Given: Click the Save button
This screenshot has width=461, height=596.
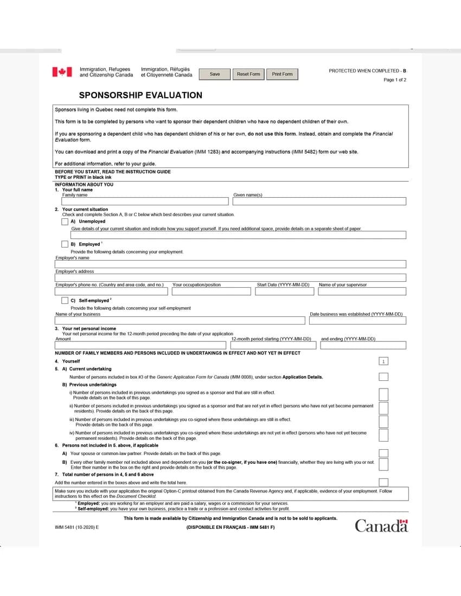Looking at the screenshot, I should pyautogui.click(x=215, y=74).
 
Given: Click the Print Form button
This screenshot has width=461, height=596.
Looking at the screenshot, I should pyautogui.click(x=282, y=74).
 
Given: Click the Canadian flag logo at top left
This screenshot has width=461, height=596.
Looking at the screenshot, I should pyautogui.click(x=62, y=72).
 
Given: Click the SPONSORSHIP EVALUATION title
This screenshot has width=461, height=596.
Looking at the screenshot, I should pyautogui.click(x=140, y=95).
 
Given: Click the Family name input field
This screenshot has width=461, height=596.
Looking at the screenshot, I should pyautogui.click(x=142, y=202).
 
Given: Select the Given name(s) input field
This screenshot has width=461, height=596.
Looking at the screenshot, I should pyautogui.click(x=319, y=202).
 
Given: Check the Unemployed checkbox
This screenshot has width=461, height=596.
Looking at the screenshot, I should pyautogui.click(x=65, y=222).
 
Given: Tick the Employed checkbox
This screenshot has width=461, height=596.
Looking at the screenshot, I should pyautogui.click(x=65, y=244).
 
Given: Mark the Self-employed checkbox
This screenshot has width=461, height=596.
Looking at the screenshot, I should pyautogui.click(x=65, y=300).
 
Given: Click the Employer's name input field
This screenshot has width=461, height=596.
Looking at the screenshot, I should pyautogui.click(x=230, y=264).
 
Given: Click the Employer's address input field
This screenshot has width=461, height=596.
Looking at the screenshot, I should pyautogui.click(x=230, y=278).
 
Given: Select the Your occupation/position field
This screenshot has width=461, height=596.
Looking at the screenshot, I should pyautogui.click(x=211, y=291).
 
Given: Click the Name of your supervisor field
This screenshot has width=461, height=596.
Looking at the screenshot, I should pyautogui.click(x=362, y=291).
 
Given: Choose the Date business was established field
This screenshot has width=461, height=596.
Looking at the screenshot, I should pyautogui.click(x=357, y=321).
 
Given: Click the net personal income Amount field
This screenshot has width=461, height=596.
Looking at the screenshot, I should pyautogui.click(x=140, y=346).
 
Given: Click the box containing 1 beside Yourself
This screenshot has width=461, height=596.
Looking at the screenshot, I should pyautogui.click(x=383, y=361).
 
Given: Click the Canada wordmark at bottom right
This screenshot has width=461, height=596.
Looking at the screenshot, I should pyautogui.click(x=381, y=526).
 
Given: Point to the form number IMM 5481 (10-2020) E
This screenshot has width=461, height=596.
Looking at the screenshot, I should pyautogui.click(x=77, y=527).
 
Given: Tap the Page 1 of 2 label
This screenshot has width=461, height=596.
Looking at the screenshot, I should pyautogui.click(x=395, y=80).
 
